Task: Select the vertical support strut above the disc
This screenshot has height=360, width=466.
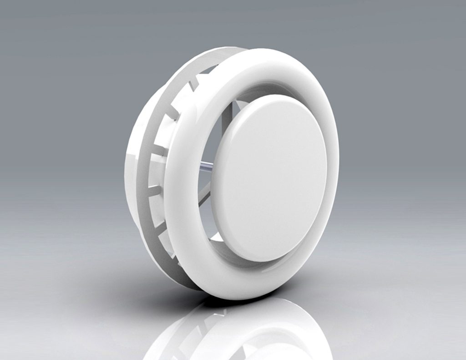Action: click(235, 108)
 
